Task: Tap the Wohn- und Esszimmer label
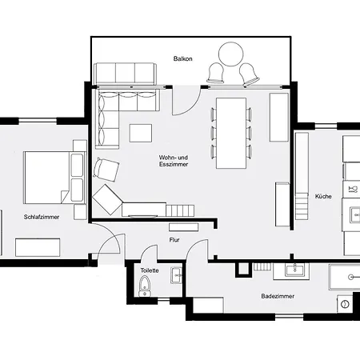tap(173, 161)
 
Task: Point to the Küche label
tap(323, 196)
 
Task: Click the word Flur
tap(174, 239)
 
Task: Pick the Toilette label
tap(150, 270)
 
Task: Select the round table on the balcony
tap(232, 56)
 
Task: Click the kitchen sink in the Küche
tap(352, 190)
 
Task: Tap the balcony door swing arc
tap(186, 100)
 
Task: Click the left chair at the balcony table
tap(216, 74)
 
